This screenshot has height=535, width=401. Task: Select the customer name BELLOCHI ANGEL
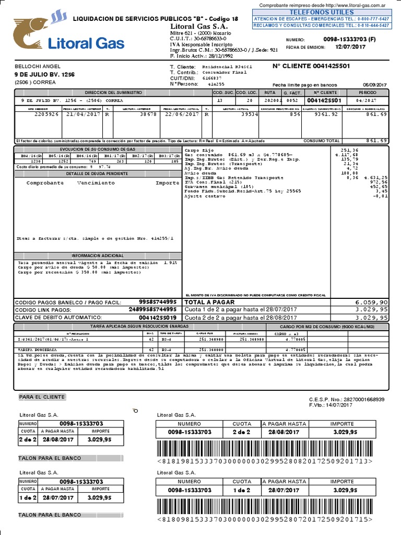(38, 67)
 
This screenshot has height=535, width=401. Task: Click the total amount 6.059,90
(371, 303)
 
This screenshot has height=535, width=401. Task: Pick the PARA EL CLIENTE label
(42, 397)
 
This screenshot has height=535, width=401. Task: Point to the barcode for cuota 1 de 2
(265, 507)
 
